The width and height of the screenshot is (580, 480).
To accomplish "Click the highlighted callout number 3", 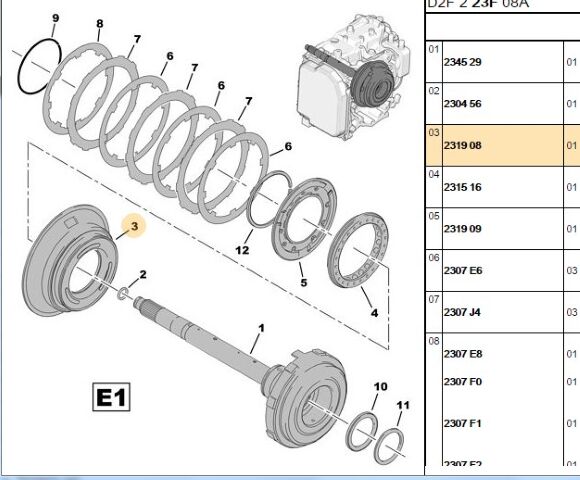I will pyautogui.click(x=134, y=227).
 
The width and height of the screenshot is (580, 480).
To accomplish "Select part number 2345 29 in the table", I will pyautogui.click(x=462, y=62).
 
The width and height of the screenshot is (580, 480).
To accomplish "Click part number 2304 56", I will pyautogui.click(x=462, y=104).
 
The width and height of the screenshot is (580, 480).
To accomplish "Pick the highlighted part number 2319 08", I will pyautogui.click(x=462, y=146).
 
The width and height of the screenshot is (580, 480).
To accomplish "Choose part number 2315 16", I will pyautogui.click(x=462, y=187).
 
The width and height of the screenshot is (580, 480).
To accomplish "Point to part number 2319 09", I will pyautogui.click(x=462, y=229).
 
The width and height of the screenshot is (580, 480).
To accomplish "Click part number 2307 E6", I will pyautogui.click(x=462, y=270).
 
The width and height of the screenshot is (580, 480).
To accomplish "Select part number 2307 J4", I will pyautogui.click(x=462, y=312).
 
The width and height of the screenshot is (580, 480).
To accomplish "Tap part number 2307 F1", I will pyautogui.click(x=462, y=423).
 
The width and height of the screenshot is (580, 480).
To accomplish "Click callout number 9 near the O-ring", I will pyautogui.click(x=55, y=18).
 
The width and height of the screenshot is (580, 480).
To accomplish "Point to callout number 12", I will pyautogui.click(x=242, y=249).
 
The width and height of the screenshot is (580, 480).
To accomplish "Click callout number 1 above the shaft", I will pyautogui.click(x=262, y=328).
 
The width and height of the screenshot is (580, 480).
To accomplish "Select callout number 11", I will pyautogui.click(x=403, y=405).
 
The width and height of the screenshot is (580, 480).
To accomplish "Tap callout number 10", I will pyautogui.click(x=381, y=386).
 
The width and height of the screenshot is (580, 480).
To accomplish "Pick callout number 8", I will pyautogui.click(x=99, y=23).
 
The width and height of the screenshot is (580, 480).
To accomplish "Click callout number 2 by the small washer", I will pyautogui.click(x=143, y=274).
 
